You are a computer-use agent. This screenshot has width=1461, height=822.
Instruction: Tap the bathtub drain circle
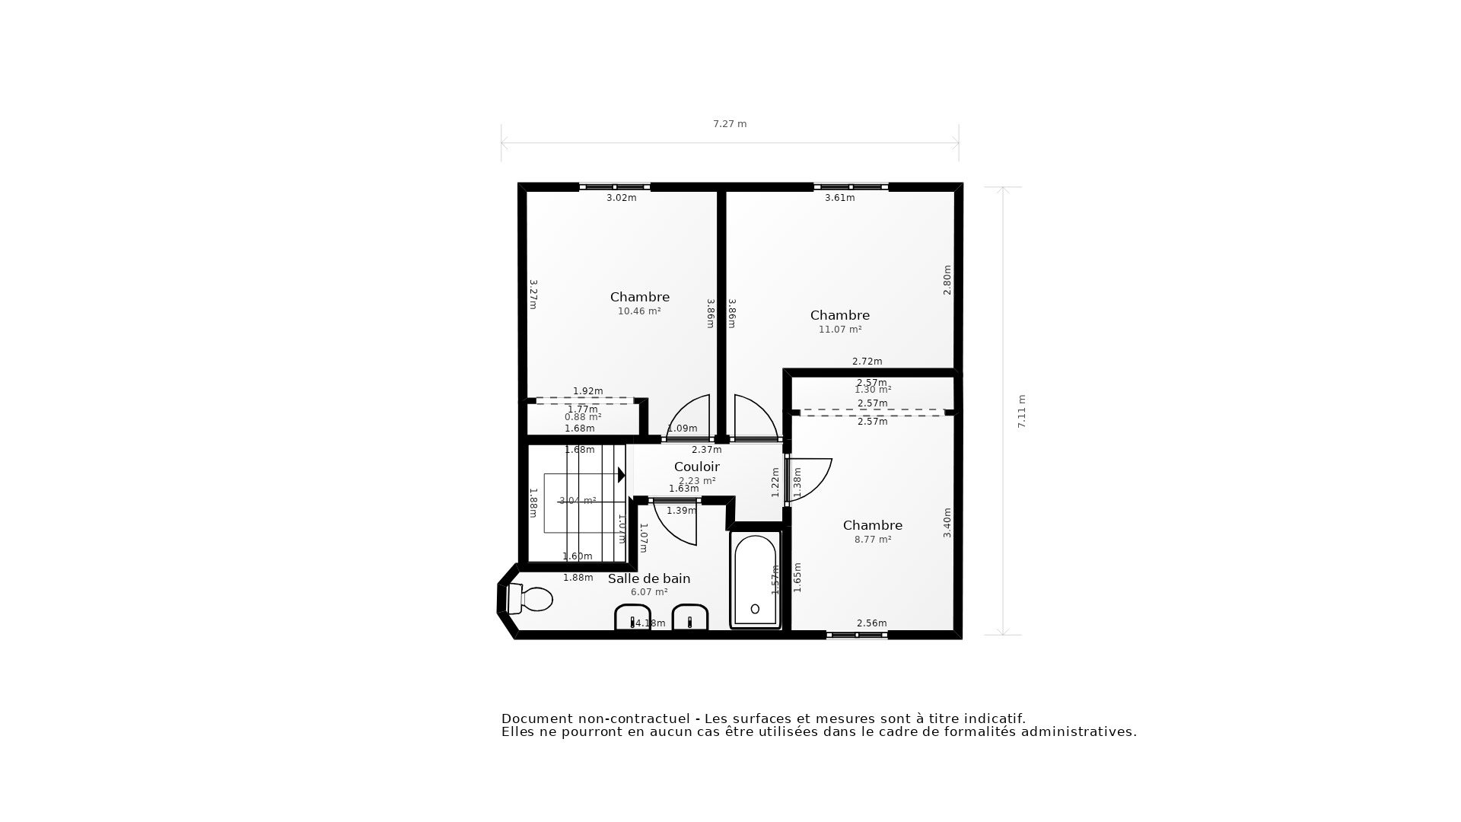coord(755,609)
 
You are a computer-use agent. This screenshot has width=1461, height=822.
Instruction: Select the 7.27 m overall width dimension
coord(730,124)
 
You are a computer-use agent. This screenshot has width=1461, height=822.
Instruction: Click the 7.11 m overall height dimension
coord(1022,411)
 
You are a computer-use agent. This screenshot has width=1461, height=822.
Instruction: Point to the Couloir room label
coord(696,467)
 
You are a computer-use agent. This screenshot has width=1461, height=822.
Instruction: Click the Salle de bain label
coord(649,578)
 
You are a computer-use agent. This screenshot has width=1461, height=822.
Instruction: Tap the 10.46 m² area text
coord(639,311)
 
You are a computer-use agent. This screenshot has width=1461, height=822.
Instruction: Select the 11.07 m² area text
coord(840,330)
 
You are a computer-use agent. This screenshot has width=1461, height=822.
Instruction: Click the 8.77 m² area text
coord(873,540)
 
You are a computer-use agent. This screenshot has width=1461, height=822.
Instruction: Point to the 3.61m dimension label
coord(840,198)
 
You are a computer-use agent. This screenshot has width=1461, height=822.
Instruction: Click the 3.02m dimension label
coord(621,198)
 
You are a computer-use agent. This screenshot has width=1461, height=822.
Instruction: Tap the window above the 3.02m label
coord(615,186)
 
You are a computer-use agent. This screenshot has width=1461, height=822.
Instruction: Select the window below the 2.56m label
coord(857,635)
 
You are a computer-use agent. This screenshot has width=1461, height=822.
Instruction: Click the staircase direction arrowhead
coord(621,475)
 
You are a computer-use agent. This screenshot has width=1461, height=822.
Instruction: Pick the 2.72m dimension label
coord(867,362)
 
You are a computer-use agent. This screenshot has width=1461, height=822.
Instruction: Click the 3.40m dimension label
coord(947,523)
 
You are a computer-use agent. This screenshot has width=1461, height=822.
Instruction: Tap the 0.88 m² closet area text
coord(583,417)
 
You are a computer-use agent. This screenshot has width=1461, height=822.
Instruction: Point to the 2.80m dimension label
coord(947,279)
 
